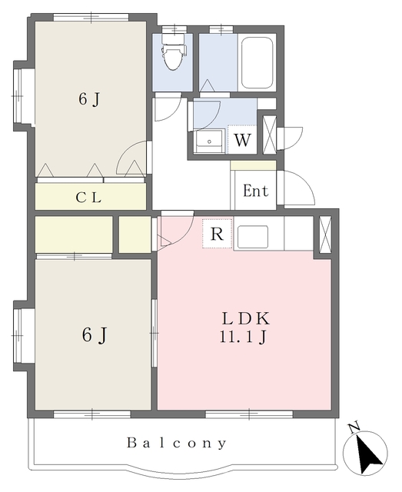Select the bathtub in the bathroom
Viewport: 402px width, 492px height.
257,63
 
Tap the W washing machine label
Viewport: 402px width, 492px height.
243,140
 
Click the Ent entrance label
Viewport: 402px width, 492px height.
256,191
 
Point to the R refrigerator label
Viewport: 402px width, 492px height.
218,234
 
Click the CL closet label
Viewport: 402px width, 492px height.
89,198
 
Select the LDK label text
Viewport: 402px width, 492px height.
246,319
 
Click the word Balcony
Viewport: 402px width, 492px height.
176,443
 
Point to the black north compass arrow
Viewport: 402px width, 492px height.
369,454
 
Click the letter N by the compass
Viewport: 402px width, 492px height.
354,428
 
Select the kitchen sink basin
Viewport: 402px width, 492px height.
253,237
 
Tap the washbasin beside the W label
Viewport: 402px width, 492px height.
208,141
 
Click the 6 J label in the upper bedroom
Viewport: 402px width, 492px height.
89,100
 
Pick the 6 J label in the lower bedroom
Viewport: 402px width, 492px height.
95,335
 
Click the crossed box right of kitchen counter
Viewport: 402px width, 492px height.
325,234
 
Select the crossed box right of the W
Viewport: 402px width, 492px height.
269,135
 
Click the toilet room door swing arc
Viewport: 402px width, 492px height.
174,113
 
